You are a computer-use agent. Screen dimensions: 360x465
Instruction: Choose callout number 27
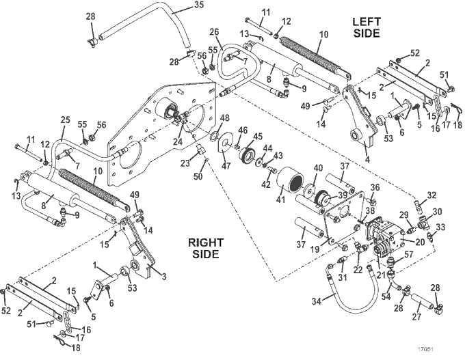tap(416, 316)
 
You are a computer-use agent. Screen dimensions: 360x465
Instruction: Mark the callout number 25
tap(65, 120)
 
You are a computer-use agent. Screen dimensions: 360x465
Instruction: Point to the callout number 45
tap(258, 136)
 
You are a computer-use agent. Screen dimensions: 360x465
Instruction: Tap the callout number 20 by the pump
tap(420, 243)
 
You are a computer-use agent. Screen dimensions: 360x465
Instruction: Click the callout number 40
tap(318, 168)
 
